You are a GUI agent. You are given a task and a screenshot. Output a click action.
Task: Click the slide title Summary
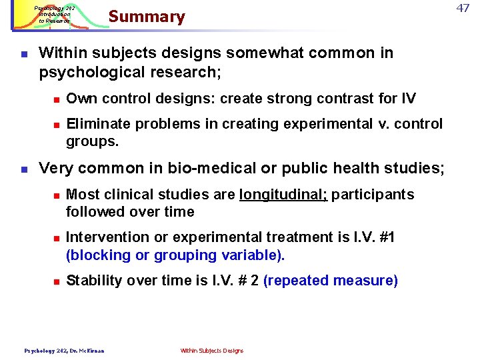(147, 17)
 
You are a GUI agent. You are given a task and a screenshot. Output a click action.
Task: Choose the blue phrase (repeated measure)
(331, 281)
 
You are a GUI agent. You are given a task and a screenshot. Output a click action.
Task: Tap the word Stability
(93, 281)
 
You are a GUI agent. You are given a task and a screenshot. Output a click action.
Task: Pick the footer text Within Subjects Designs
(212, 351)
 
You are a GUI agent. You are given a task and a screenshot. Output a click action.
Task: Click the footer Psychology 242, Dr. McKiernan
(64, 351)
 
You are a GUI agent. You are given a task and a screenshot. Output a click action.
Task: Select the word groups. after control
(93, 141)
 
